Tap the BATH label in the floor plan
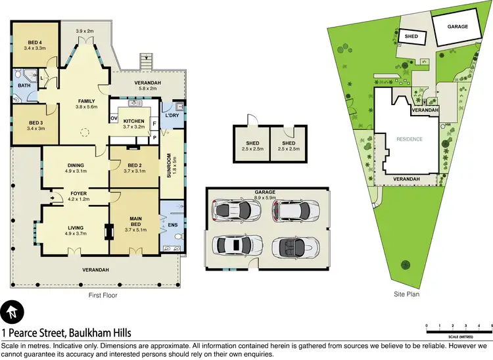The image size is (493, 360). click(24, 85)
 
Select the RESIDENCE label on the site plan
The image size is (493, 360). click(410, 139)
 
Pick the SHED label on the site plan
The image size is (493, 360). click(411, 37)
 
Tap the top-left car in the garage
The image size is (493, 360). click(232, 210)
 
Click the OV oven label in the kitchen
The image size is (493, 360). click(114, 119)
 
